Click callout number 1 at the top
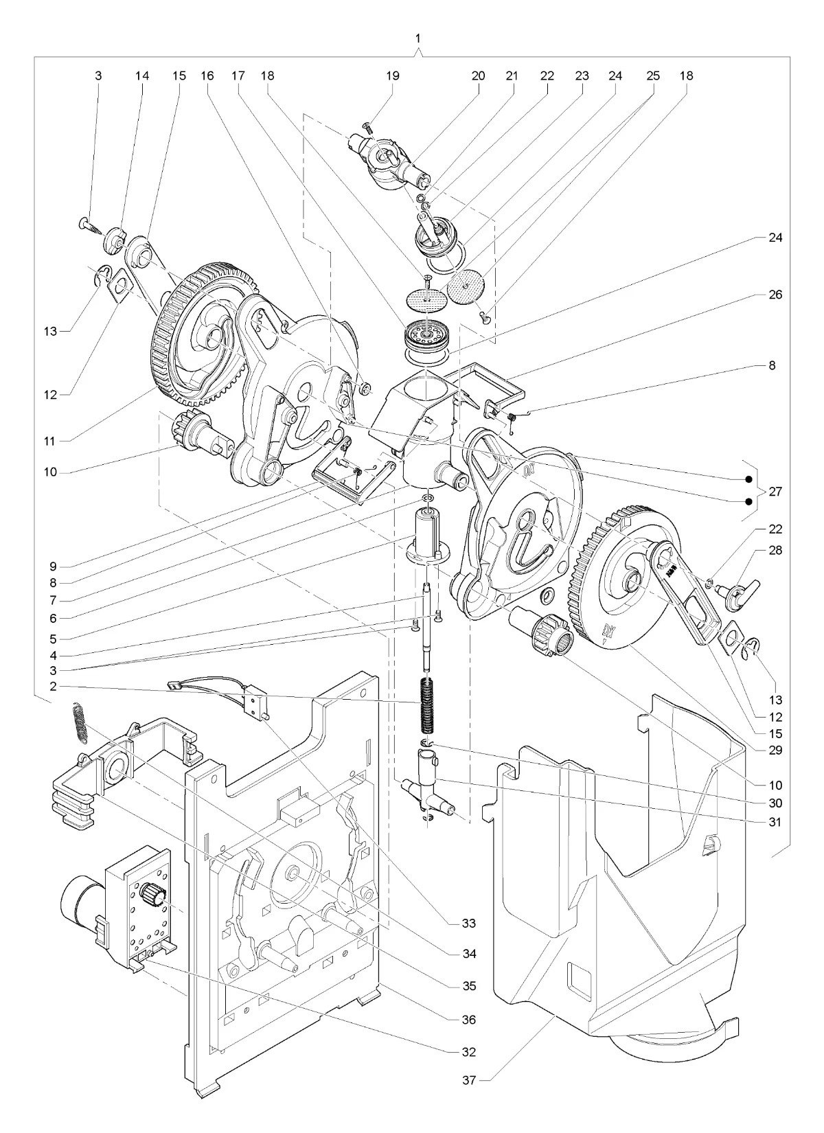pos(417,38)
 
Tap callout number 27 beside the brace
pos(775,491)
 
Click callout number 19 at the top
pos(393,76)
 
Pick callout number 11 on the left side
pos(49,441)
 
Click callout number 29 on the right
pos(775,751)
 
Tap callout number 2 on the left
pos(53,687)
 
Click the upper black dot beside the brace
pos(749,479)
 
